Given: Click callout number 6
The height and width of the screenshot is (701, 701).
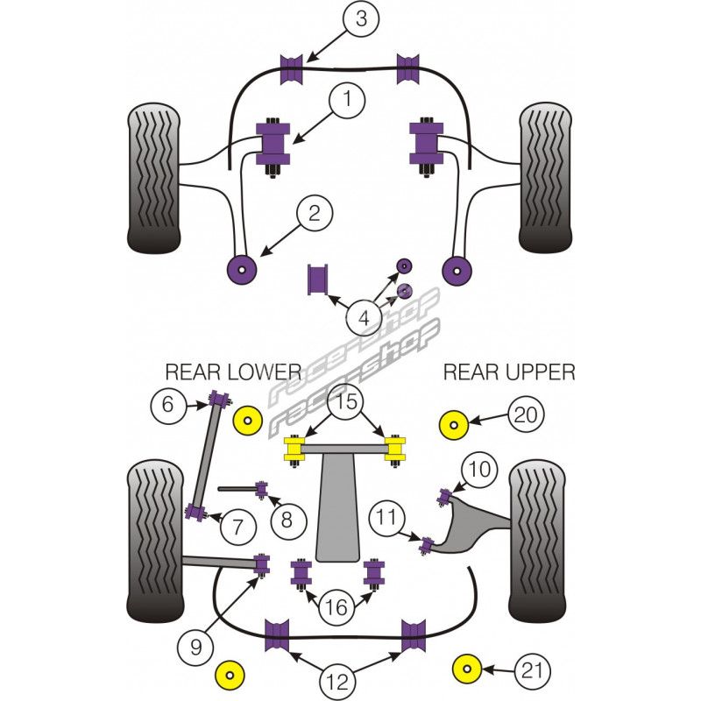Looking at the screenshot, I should coord(168,405).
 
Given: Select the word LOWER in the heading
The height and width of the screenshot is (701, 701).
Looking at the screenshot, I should coord(258,372).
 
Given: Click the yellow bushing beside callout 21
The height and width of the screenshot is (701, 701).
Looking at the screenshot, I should coord(467,670).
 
